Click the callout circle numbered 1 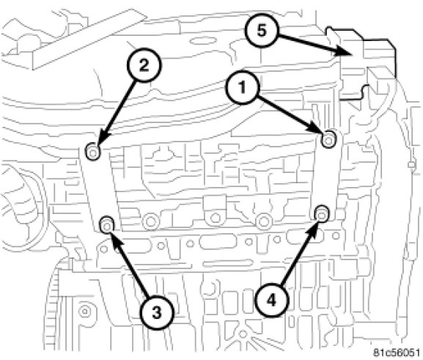point(242,87)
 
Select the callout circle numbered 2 point(144,65)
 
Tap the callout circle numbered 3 point(157,313)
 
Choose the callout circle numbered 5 point(261,31)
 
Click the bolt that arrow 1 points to point(328,140)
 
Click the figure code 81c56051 point(396,353)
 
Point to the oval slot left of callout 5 point(204,41)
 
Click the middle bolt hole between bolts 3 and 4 point(216,217)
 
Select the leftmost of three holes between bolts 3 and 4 point(150,221)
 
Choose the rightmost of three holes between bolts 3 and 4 point(264,221)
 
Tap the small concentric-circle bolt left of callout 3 point(85,312)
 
